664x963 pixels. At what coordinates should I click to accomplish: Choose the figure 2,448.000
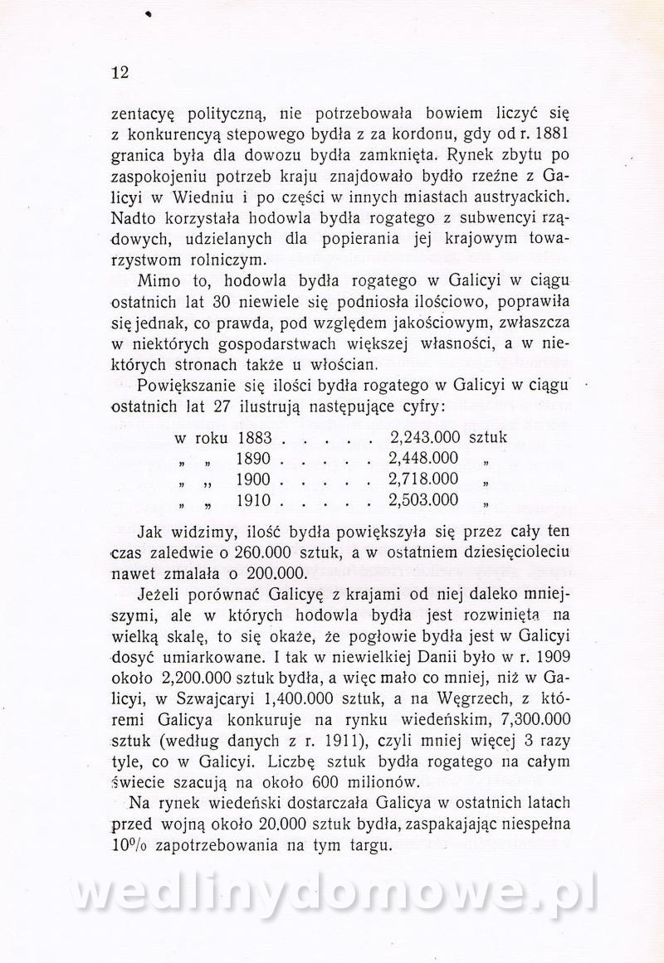pyautogui.click(x=423, y=457)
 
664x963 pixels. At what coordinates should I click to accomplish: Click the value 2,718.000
pyautogui.click(x=423, y=479)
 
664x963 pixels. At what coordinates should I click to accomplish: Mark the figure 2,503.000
pyautogui.click(x=423, y=499)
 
